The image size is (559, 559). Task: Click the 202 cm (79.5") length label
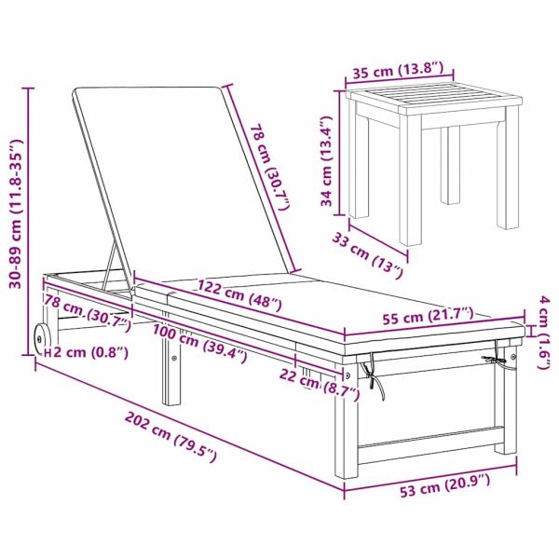click(170, 436)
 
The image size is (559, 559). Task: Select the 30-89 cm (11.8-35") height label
click(16, 213)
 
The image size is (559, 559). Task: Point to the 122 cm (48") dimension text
click(239, 294)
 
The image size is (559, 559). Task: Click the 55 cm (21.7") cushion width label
click(428, 316)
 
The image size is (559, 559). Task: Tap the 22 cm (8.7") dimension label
click(320, 384)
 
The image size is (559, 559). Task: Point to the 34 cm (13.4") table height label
click(327, 161)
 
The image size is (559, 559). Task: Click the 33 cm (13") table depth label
click(368, 256)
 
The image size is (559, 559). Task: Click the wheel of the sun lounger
click(40, 339)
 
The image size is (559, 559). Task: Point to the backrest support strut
click(109, 265)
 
